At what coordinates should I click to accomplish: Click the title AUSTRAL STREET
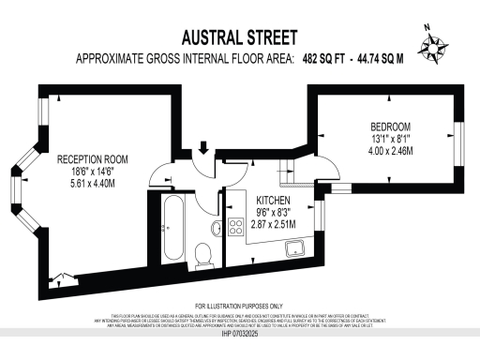[x=239, y=38]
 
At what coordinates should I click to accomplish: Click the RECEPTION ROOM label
[x=99, y=159]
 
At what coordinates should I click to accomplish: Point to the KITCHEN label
[x=273, y=202]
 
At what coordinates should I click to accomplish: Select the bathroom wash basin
[x=216, y=227]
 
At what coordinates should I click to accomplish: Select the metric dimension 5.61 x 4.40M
[x=99, y=185]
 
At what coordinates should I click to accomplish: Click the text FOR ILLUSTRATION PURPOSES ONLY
[x=239, y=307]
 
